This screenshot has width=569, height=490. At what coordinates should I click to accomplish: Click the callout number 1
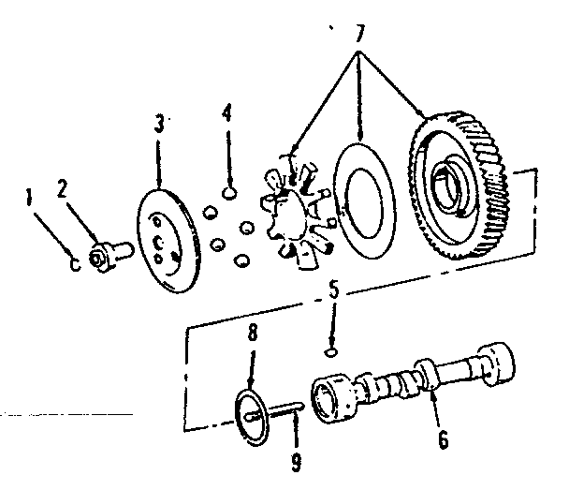pyautogui.click(x=30, y=198)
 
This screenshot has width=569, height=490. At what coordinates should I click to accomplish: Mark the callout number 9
pyautogui.click(x=297, y=461)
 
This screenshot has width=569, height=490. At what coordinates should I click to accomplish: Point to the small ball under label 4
pyautogui.click(x=227, y=193)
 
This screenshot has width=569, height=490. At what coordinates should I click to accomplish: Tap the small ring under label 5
pyautogui.click(x=329, y=352)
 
